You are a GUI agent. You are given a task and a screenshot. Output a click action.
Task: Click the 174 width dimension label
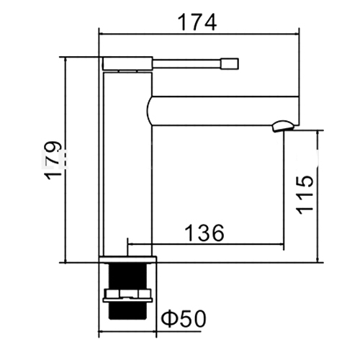197,22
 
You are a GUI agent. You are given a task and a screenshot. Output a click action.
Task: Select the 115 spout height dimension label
305,195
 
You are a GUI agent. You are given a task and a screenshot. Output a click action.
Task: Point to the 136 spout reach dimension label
204,233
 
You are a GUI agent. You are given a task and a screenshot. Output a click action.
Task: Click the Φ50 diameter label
184,318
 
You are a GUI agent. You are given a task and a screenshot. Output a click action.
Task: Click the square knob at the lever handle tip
230,64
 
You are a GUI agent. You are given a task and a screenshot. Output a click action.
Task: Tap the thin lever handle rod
186,64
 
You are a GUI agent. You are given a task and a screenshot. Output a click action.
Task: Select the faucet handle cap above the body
127,63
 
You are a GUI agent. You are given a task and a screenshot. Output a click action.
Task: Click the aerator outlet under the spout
283,126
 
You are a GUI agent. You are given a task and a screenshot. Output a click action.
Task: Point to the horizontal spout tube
222,111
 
